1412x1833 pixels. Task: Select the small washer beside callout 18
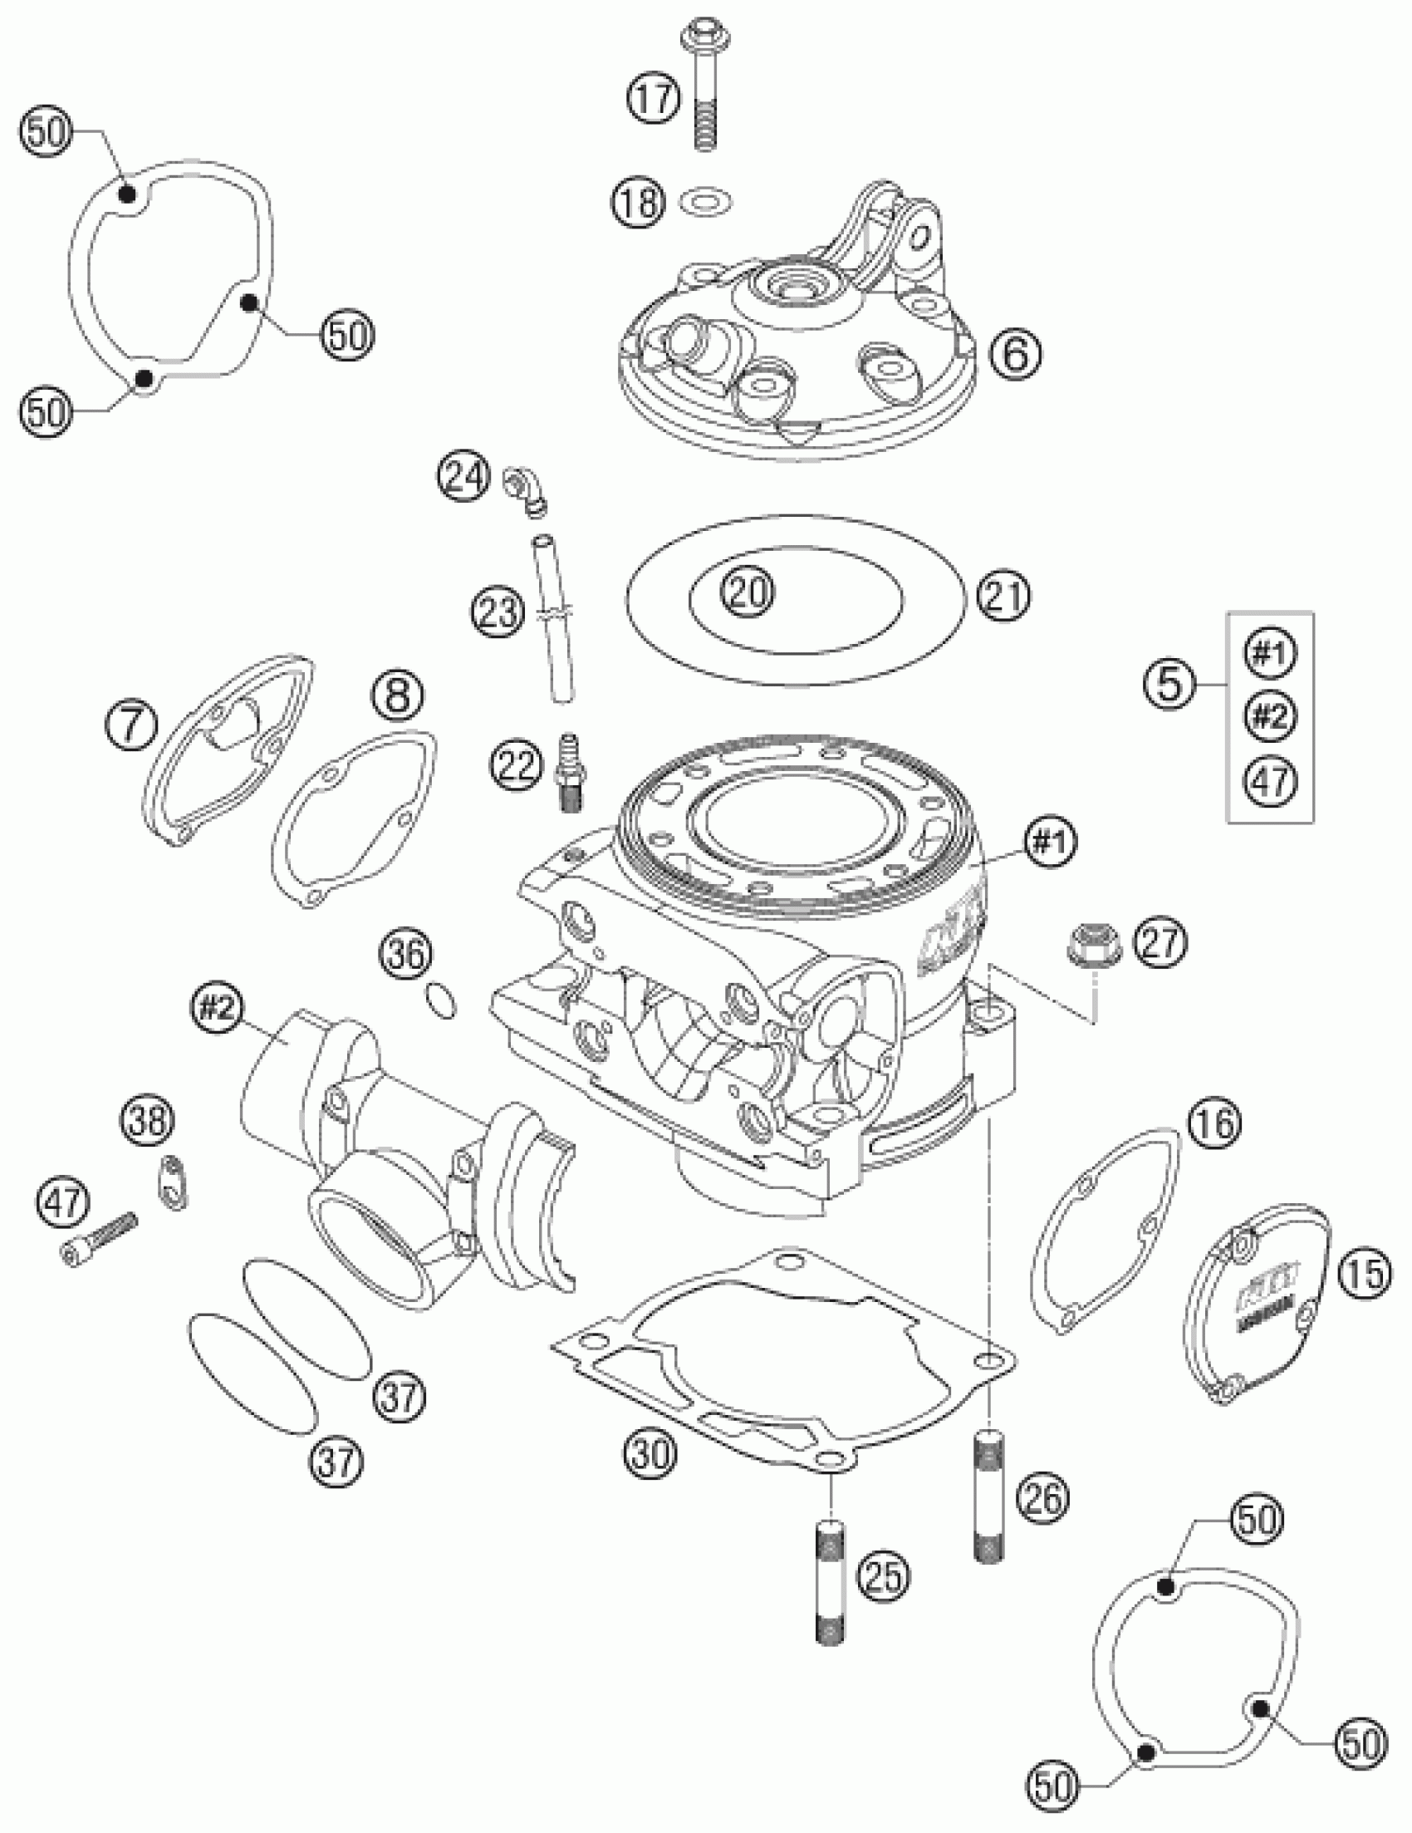tap(708, 202)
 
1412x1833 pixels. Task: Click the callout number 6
tap(1015, 353)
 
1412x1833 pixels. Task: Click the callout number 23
tap(498, 611)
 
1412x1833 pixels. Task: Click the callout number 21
tap(1004, 597)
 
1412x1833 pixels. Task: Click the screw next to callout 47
tap(99, 1244)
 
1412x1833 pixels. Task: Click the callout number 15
tap(1365, 1274)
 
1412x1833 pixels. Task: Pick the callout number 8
tap(397, 695)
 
